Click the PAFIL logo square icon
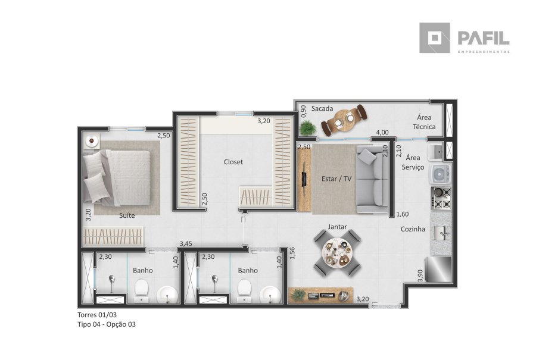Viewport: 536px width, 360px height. point(435,38)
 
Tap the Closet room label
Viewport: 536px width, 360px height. point(233,162)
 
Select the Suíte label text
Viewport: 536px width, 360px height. point(127,215)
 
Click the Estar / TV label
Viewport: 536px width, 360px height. point(336,179)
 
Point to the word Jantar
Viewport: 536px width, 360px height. point(338,227)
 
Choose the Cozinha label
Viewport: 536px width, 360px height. point(413,229)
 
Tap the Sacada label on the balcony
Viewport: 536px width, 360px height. point(322,109)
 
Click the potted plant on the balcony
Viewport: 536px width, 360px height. point(308,128)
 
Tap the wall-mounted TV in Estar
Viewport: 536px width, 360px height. point(304,179)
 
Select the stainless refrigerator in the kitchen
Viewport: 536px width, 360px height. point(438,269)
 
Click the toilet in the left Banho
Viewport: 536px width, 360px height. point(141,290)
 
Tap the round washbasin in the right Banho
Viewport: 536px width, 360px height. point(270,295)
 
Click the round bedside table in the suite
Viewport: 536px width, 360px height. point(92,140)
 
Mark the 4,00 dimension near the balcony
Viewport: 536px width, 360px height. point(382,132)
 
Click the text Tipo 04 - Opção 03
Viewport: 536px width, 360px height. point(107,324)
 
